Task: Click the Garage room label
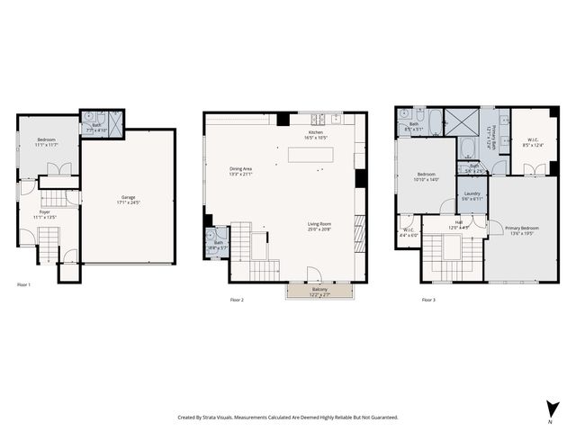click(129, 199)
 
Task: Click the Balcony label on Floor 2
click(319, 292)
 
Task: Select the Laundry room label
click(472, 195)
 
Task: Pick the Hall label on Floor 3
click(459, 224)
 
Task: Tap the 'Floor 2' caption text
click(236, 300)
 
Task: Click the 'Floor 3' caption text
click(428, 300)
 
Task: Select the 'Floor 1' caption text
click(23, 284)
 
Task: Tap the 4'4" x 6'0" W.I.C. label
click(409, 232)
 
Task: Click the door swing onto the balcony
click(313, 274)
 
